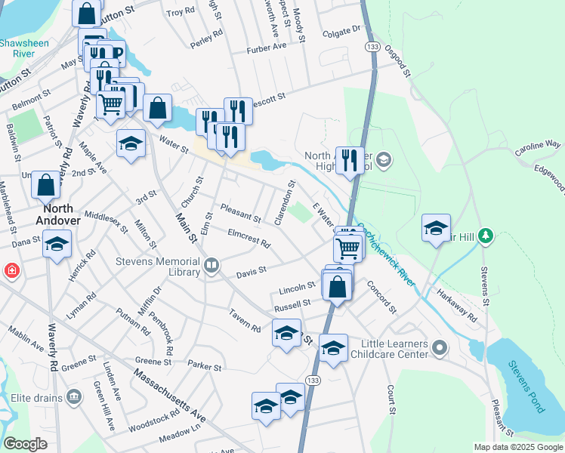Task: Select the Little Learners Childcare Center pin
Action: pyautogui.click(x=441, y=348)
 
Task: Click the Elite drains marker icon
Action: pyautogui.click(x=74, y=396)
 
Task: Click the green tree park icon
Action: pyautogui.click(x=487, y=237)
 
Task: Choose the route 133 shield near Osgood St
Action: pyautogui.click(x=372, y=47)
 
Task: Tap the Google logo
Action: pyautogui.click(x=25, y=444)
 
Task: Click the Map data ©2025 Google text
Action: pyautogui.click(x=518, y=447)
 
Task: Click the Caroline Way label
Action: pyautogui.click(x=539, y=146)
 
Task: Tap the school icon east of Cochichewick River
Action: pyautogui.click(x=436, y=228)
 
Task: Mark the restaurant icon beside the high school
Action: pyautogui.click(x=348, y=160)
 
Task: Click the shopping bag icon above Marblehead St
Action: pyautogui.click(x=46, y=184)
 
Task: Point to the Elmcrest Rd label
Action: pyautogui.click(x=249, y=239)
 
